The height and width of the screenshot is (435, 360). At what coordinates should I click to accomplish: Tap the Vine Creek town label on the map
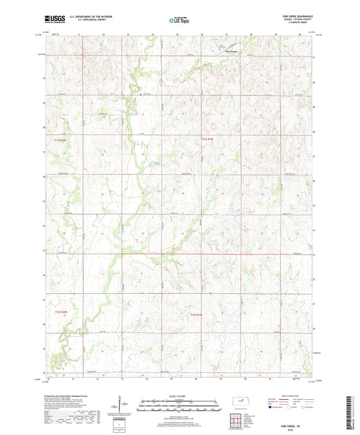(x=230, y=51)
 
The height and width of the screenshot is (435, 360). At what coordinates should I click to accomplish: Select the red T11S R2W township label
(x=61, y=139)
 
